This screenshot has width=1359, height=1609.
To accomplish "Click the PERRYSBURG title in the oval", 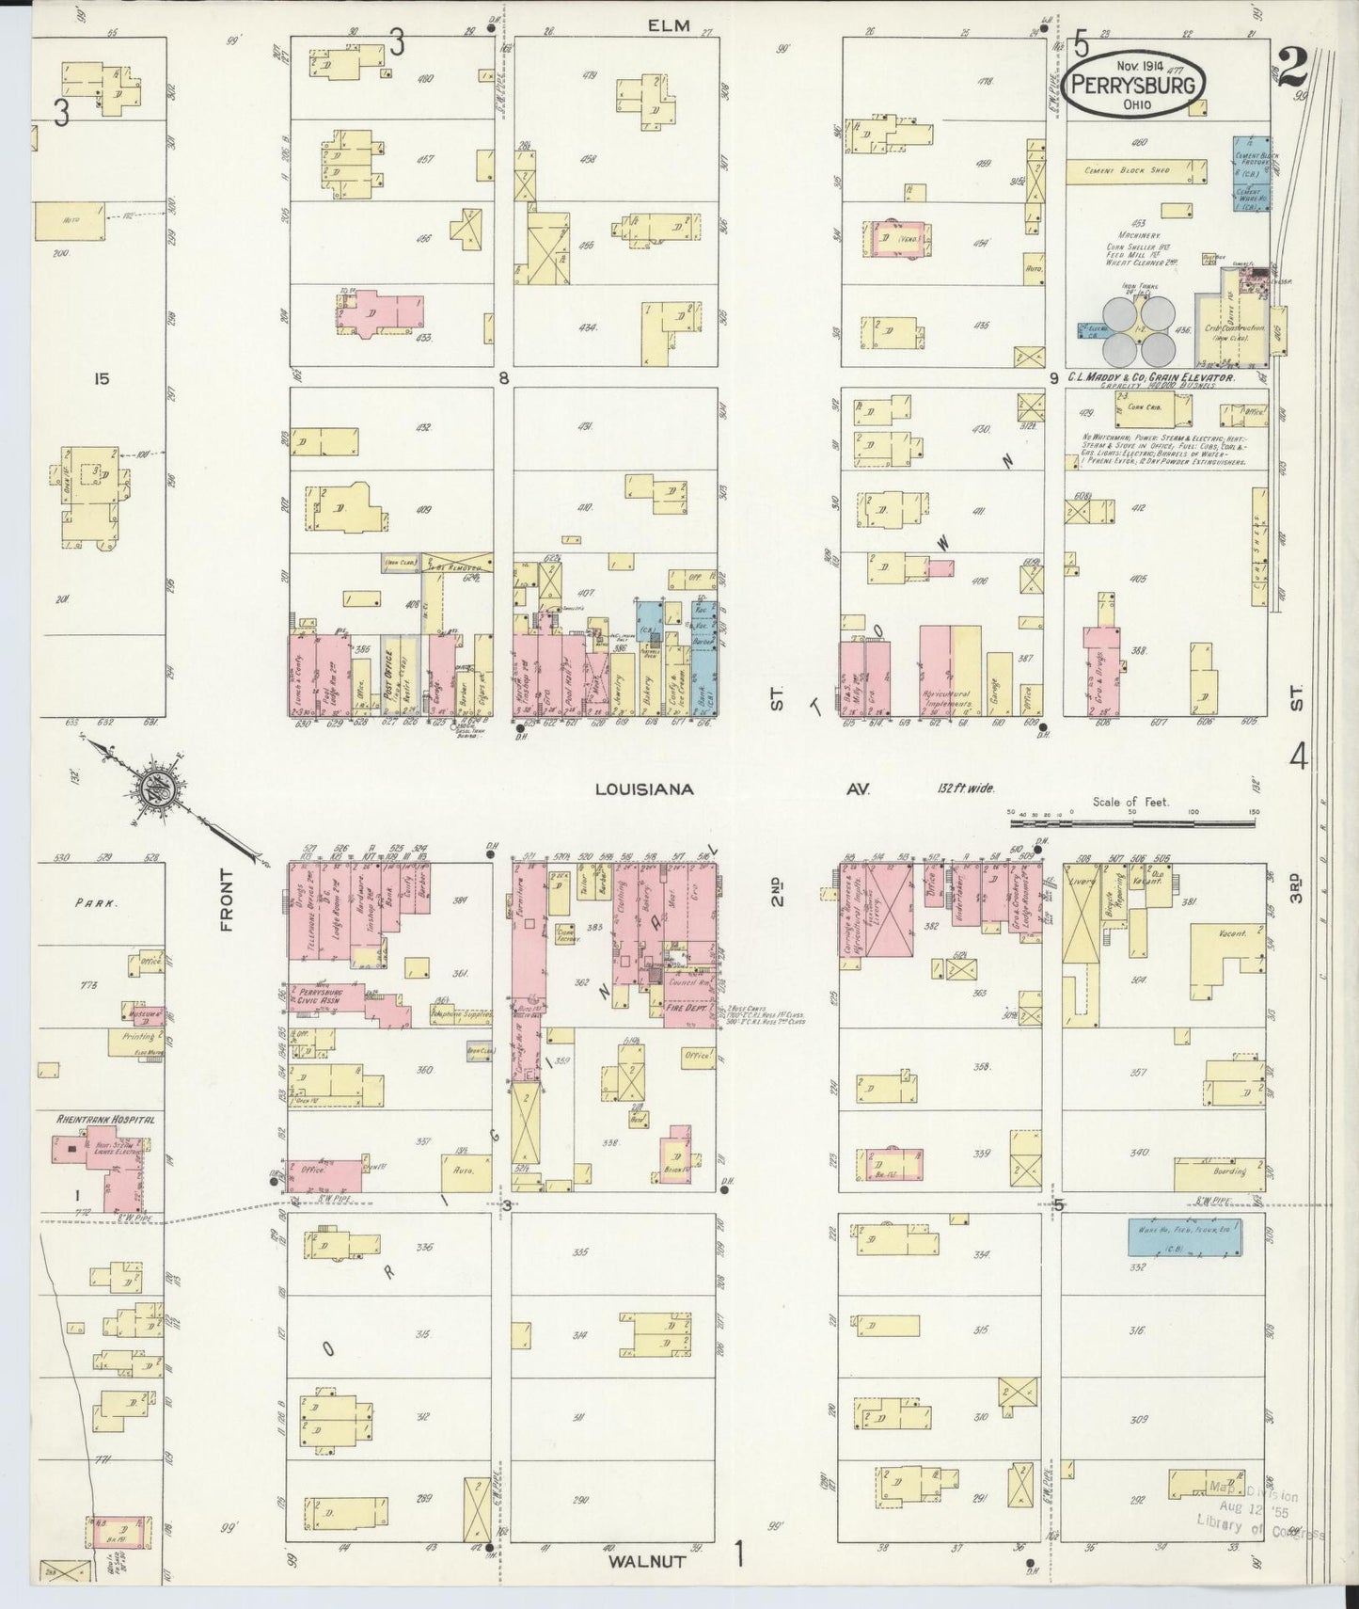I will (x=1137, y=85).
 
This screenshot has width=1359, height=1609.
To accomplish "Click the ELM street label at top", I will (x=670, y=25).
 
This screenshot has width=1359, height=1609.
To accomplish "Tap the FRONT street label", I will (x=227, y=914).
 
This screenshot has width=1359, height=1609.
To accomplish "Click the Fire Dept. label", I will (x=686, y=1008).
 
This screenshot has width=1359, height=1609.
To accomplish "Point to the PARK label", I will (x=97, y=902).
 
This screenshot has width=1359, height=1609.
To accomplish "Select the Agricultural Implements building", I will (x=936, y=672).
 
